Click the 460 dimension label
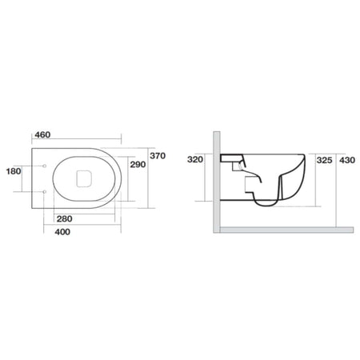[x=42, y=134]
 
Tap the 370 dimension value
[x=158, y=156]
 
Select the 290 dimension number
[x=138, y=165]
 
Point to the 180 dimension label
[x=14, y=171]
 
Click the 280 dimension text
[x=65, y=219]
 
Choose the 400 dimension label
[x=62, y=232]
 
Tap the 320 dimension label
[x=195, y=159]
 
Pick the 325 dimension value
[x=324, y=160]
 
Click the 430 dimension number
[x=347, y=160]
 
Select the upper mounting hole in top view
[x=45, y=166]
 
